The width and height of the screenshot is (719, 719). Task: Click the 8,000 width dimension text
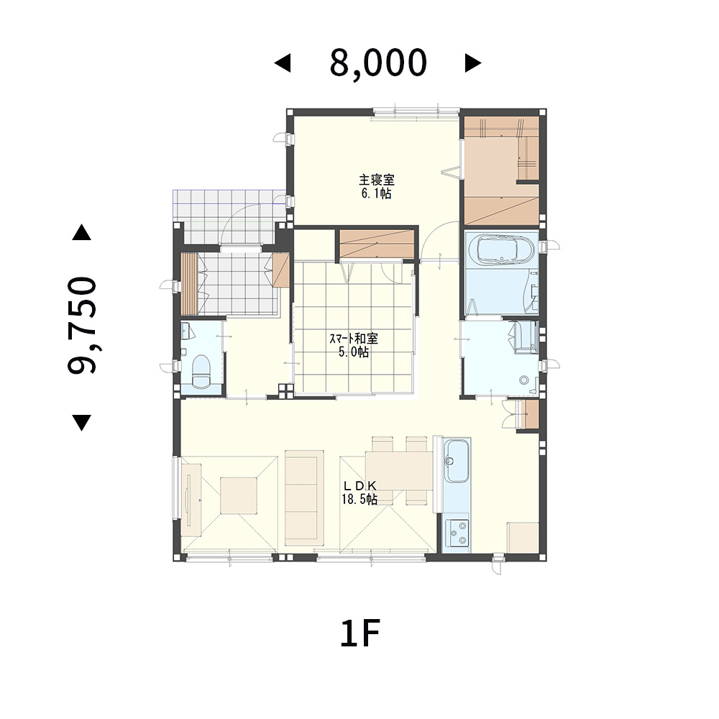click(378, 64)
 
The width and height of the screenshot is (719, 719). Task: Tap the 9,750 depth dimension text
click(83, 325)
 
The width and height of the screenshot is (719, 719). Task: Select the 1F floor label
click(360, 633)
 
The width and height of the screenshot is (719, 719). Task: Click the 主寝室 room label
click(377, 179)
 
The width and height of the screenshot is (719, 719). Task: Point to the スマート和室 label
click(354, 339)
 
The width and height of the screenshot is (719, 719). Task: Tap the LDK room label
click(360, 485)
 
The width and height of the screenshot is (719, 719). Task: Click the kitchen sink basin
click(457, 461)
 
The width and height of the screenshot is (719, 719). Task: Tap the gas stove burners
click(457, 533)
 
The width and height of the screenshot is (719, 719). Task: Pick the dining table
click(399, 470)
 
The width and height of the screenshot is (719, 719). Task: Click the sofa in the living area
click(304, 498)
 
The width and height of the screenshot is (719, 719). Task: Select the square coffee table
click(239, 495)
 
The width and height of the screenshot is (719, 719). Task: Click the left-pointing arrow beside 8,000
click(283, 63)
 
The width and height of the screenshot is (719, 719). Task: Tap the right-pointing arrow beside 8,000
click(473, 63)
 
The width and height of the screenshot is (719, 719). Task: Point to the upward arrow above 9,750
click(82, 232)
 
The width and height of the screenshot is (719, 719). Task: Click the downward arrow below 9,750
click(82, 422)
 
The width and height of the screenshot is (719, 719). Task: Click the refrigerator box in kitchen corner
click(522, 537)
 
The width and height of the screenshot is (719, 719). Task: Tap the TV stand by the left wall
click(191, 500)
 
